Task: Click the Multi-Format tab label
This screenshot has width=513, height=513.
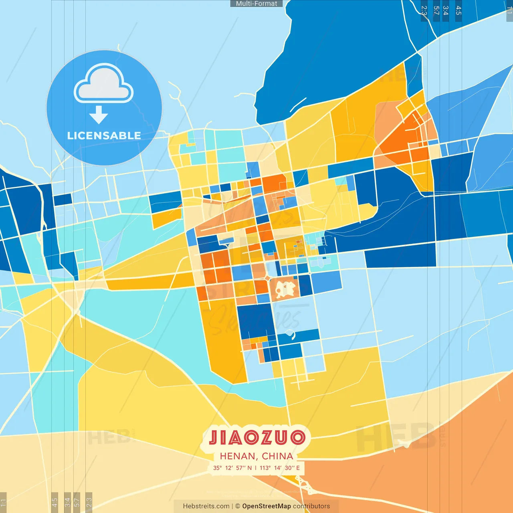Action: [x=256, y=4]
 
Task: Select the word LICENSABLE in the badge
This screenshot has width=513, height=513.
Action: [x=104, y=135]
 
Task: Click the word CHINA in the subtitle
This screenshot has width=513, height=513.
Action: [x=277, y=456]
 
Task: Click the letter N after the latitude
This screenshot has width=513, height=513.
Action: [x=250, y=468]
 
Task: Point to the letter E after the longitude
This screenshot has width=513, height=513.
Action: [x=298, y=468]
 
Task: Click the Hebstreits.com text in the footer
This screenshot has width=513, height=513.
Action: [x=206, y=506]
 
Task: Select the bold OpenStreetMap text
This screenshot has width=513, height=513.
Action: [x=267, y=506]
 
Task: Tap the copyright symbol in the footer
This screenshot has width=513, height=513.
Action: [x=238, y=506]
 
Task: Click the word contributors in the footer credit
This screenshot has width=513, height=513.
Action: [x=311, y=506]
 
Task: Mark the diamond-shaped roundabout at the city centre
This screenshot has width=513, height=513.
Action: [x=267, y=277]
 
